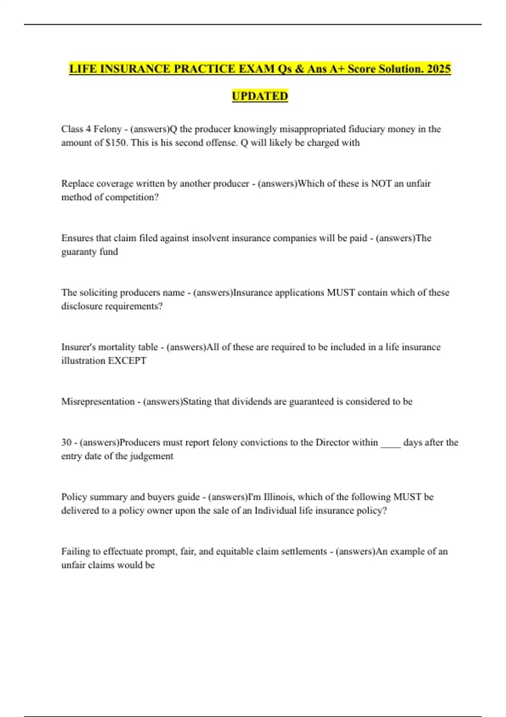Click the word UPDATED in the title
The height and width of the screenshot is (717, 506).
click(260, 96)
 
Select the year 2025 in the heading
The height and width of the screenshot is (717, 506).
click(439, 68)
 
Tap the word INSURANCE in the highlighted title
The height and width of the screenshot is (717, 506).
click(129, 68)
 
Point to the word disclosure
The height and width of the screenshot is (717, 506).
click(80, 306)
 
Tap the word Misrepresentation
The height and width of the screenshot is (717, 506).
click(98, 402)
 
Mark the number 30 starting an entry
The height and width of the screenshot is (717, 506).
click(66, 442)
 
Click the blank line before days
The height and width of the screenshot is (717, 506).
click(390, 444)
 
